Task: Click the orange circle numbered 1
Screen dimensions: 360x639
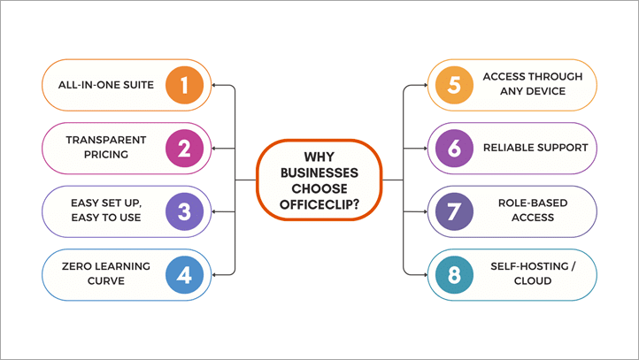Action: [184, 85]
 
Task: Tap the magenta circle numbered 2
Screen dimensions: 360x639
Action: [184, 148]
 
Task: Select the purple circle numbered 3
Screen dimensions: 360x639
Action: [184, 211]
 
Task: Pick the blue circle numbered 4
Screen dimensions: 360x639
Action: [184, 274]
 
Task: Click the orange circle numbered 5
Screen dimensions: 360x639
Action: [455, 85]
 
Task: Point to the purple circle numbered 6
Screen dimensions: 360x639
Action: [455, 148]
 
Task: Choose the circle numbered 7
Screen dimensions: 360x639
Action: [455, 211]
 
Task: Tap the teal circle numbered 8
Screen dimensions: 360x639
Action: [455, 274]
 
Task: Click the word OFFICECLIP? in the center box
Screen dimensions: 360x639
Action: [319, 204]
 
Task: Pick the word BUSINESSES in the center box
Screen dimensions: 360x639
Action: [319, 172]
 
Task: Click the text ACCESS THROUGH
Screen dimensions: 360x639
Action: [533, 77]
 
